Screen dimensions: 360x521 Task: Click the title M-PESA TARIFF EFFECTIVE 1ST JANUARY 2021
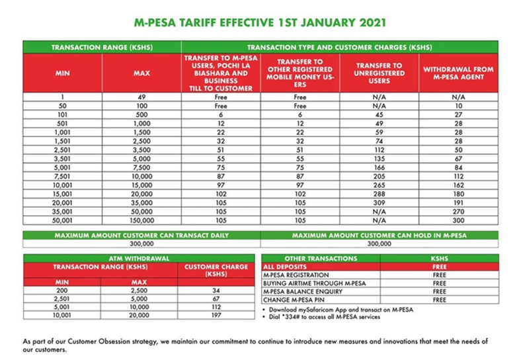point(260,22)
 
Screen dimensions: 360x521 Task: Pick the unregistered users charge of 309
point(379,201)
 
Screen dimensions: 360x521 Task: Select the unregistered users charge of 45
point(379,113)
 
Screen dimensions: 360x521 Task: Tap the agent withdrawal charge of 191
point(458,201)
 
